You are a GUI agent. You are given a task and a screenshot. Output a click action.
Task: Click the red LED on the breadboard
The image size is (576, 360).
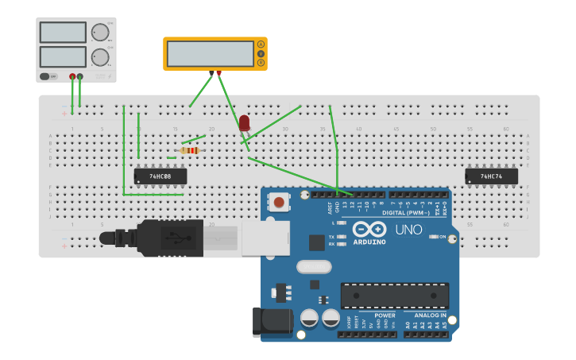pos(244,122)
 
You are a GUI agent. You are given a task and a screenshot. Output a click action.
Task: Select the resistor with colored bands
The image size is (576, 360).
pos(189,150)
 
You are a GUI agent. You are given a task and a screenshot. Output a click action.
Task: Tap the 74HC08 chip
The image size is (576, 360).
pos(160,176)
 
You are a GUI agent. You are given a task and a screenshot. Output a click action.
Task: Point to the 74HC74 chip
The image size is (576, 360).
pos(492,176)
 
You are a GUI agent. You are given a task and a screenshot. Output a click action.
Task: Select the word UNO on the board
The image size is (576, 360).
pos(409,230)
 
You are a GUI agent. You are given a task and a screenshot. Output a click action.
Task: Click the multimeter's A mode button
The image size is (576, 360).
pos(261,45)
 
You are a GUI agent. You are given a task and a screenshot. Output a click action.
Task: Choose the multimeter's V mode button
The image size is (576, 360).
pos(261,53)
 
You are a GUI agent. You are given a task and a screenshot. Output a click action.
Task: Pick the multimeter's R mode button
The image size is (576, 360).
pos(261,62)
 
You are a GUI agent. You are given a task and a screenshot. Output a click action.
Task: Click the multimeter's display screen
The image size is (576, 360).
pos(211,53)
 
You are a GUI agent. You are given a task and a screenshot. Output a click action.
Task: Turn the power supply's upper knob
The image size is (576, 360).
pos(100,33)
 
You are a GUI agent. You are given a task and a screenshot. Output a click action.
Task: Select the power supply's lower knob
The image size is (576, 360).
pos(100,57)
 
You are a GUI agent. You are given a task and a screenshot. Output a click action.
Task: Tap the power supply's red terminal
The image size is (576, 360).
pos(72,76)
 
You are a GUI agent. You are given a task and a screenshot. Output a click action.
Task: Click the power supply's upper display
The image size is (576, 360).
pos(63,33)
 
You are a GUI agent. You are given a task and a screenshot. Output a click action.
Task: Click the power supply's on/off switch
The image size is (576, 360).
pos(48,76)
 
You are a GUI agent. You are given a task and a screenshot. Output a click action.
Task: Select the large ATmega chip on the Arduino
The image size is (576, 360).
pos(395,296)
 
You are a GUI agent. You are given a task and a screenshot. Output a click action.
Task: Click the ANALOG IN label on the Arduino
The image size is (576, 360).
pos(430,315)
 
